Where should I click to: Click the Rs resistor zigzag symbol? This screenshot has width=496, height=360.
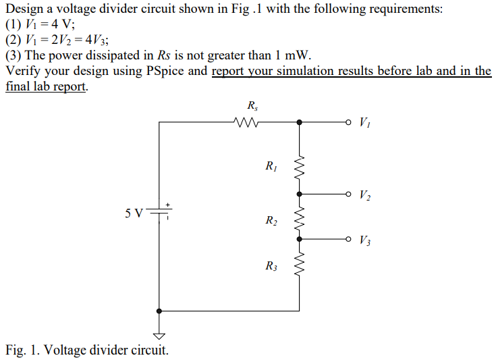coord(248,122)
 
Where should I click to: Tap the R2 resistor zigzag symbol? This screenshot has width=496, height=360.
coord(300,216)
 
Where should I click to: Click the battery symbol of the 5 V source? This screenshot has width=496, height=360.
coord(159,213)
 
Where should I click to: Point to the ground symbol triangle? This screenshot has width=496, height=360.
coord(159,336)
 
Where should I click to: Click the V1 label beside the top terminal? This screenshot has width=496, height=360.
coord(364,122)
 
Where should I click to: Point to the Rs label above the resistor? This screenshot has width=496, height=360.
coord(252,105)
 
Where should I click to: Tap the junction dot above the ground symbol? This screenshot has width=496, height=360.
coord(159,311)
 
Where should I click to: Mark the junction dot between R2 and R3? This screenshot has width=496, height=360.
coord(300,238)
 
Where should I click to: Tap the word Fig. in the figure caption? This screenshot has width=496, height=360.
coord(16,350)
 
